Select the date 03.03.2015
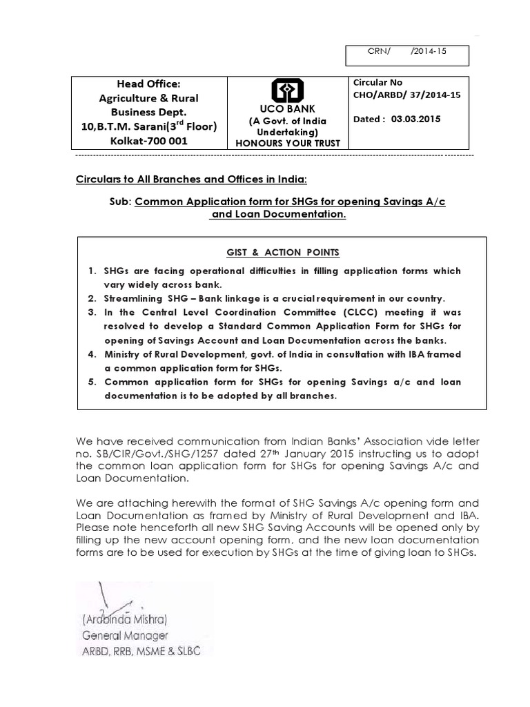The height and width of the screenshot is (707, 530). (x=415, y=118)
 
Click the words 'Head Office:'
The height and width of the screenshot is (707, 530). (x=148, y=84)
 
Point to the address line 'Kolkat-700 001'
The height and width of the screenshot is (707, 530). (x=148, y=141)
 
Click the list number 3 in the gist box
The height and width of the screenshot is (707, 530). (x=91, y=312)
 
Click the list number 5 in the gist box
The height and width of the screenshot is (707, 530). (x=91, y=382)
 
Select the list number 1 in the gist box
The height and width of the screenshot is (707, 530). (x=91, y=271)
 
